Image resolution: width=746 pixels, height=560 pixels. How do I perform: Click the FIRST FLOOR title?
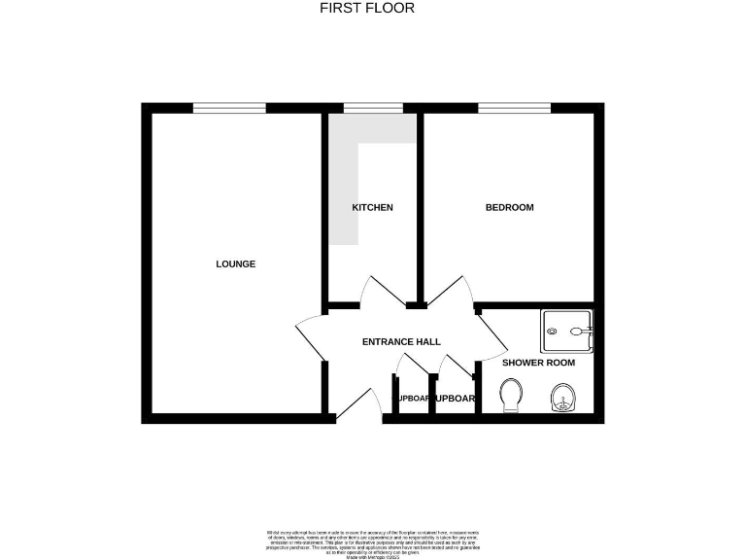[367, 8]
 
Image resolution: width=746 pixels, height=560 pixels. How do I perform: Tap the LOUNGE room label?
[235, 263]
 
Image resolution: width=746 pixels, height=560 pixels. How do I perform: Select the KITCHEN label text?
[372, 207]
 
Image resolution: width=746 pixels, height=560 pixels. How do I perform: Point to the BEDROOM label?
[509, 207]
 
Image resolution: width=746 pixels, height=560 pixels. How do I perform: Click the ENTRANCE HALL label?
[401, 341]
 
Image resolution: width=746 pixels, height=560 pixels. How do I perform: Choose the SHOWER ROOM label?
[538, 363]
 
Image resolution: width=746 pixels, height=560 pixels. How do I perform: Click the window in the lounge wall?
[229, 108]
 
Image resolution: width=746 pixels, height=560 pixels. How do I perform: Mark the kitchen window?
[373, 108]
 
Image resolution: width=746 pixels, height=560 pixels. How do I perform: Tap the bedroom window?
[515, 108]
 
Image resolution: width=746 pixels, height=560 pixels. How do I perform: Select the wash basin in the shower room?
[562, 397]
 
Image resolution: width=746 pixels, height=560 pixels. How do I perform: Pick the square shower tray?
[566, 332]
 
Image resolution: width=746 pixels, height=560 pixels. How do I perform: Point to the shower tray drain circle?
[553, 332]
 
